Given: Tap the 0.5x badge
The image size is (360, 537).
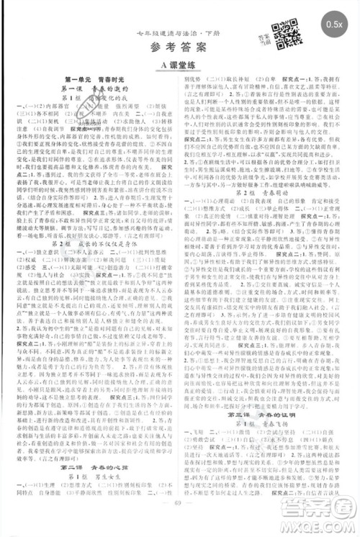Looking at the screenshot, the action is point(333,24).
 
